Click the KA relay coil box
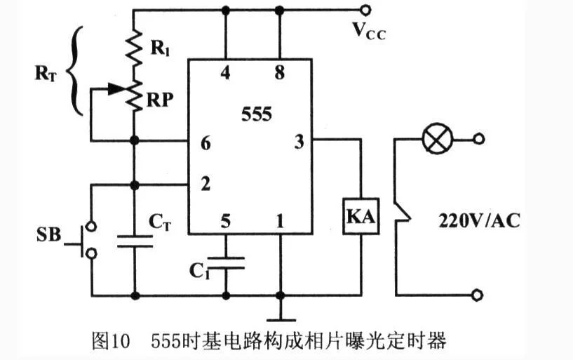tap(361, 216)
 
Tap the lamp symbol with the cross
tap(437, 139)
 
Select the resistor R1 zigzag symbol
tap(134, 48)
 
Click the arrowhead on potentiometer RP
tap(115, 88)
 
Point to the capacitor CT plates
tap(135, 241)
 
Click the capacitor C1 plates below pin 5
tap(226, 262)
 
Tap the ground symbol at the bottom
tap(281, 320)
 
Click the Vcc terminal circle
tap(365, 10)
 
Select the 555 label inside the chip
tap(257, 114)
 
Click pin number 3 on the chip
tap(299, 142)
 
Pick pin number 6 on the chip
tap(205, 143)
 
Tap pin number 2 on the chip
tap(205, 184)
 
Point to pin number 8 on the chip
tap(280, 72)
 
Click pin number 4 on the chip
tap(225, 72)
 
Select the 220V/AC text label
tap(479, 221)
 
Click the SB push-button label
tap(48, 234)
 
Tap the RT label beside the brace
tap(46, 74)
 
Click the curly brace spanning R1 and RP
tap(75, 71)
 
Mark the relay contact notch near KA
tap(403, 213)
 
